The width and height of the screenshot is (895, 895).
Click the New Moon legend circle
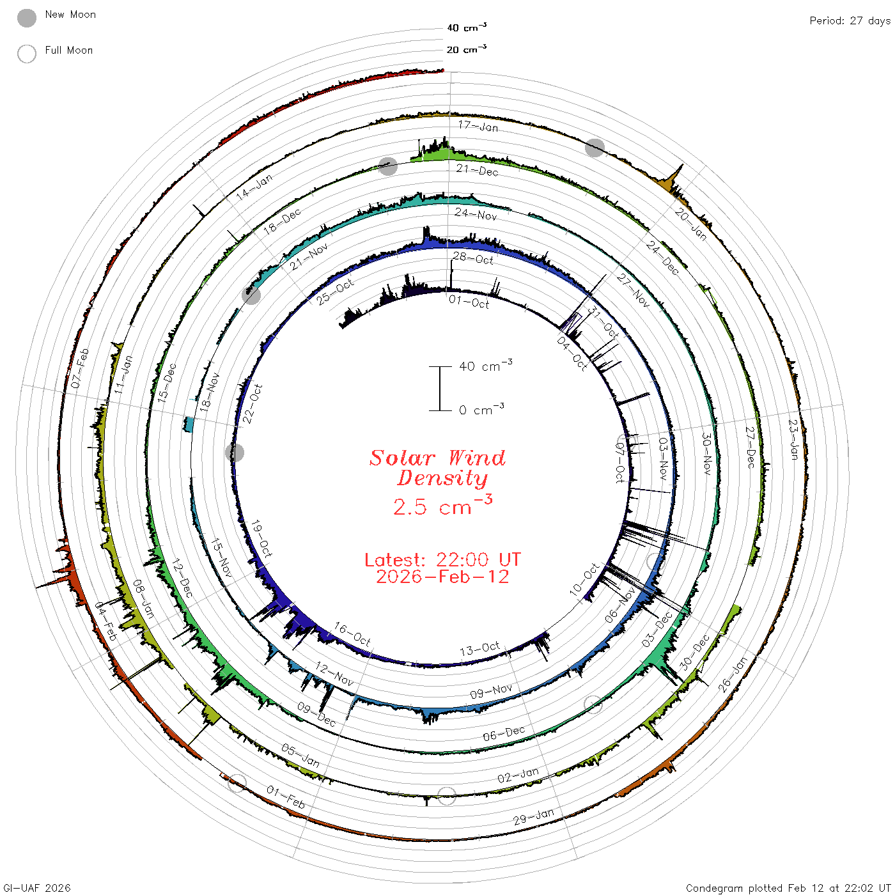tap(26, 18)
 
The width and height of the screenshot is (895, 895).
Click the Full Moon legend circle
tap(26, 54)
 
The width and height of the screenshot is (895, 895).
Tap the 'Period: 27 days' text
tap(850, 21)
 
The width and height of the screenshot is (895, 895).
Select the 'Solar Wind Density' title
tap(437, 468)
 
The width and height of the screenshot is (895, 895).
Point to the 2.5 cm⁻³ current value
tap(442, 505)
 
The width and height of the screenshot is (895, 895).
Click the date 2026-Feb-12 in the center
tap(442, 577)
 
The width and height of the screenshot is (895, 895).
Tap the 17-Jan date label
tap(478, 126)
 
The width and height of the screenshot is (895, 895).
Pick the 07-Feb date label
tap(80, 368)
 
